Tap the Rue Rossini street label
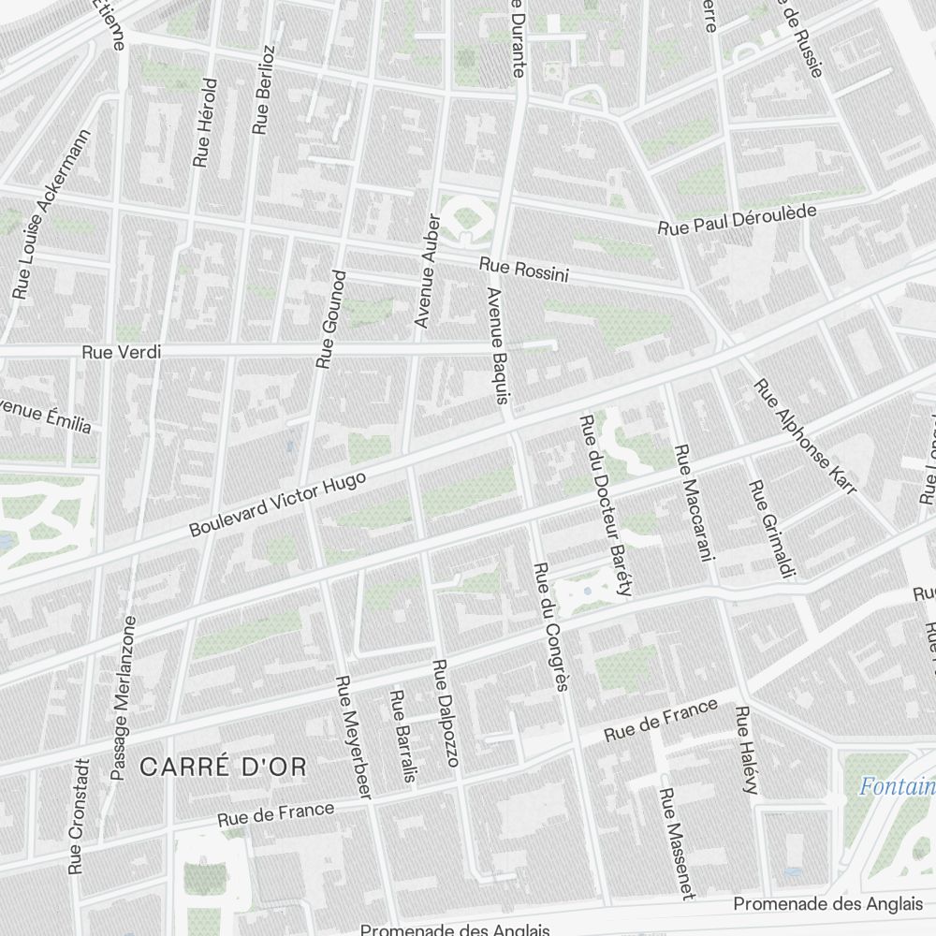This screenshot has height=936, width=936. (524, 270)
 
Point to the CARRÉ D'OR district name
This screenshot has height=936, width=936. (223, 768)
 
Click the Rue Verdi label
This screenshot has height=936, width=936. (122, 353)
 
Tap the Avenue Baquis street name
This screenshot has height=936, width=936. (498, 344)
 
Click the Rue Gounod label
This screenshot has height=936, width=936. (330, 318)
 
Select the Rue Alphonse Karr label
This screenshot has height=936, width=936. (805, 436)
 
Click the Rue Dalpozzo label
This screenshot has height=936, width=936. (445, 712)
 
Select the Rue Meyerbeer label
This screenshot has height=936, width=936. (353, 737)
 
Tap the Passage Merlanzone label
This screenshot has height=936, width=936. (123, 697)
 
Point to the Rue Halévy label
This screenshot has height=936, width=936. (745, 751)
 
